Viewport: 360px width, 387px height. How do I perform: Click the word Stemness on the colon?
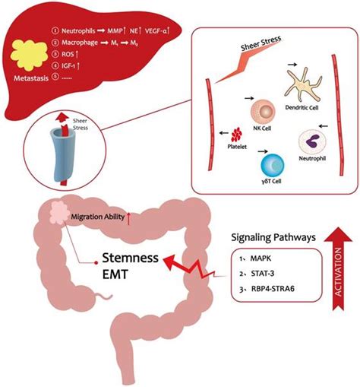125,260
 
